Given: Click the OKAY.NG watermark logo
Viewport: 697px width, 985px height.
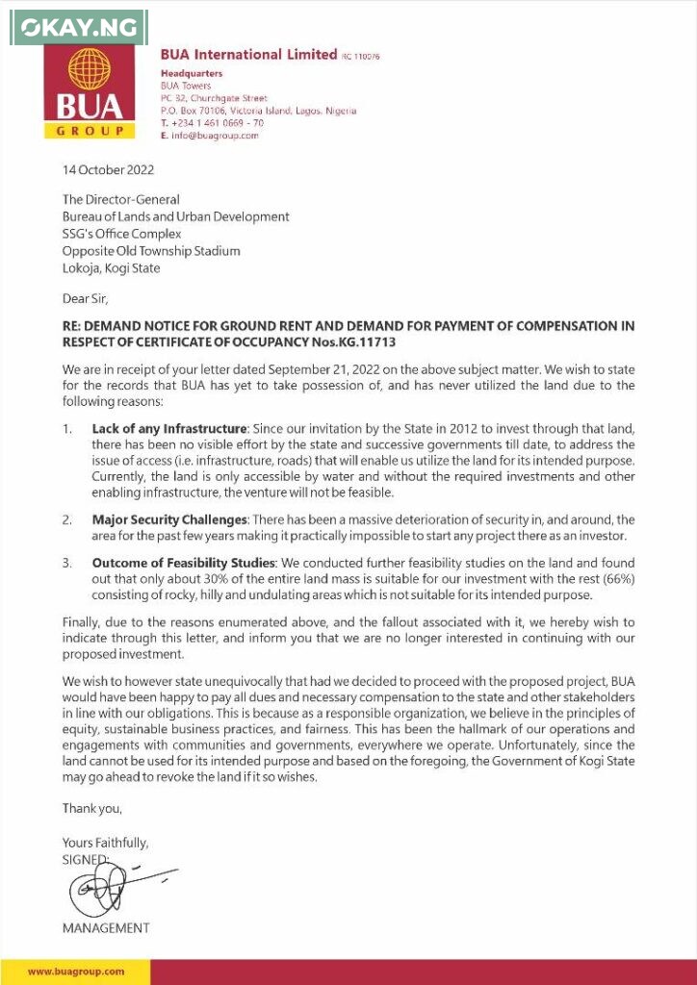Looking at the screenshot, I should (x=77, y=28).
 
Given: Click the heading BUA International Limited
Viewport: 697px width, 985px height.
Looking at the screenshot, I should (x=248, y=55).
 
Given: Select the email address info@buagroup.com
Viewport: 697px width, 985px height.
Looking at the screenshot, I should (x=215, y=136).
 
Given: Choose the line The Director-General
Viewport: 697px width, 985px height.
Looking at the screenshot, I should (x=120, y=200).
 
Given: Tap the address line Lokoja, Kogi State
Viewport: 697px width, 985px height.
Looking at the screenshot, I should (x=111, y=268).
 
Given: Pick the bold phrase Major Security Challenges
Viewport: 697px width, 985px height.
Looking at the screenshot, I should (x=169, y=519).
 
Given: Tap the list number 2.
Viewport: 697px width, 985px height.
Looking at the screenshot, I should (x=67, y=519).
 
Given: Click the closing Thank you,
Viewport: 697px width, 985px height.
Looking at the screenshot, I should (x=92, y=808).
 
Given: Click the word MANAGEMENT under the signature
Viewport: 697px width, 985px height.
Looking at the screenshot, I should (x=106, y=928).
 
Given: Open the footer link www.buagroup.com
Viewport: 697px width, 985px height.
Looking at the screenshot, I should (x=76, y=972).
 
